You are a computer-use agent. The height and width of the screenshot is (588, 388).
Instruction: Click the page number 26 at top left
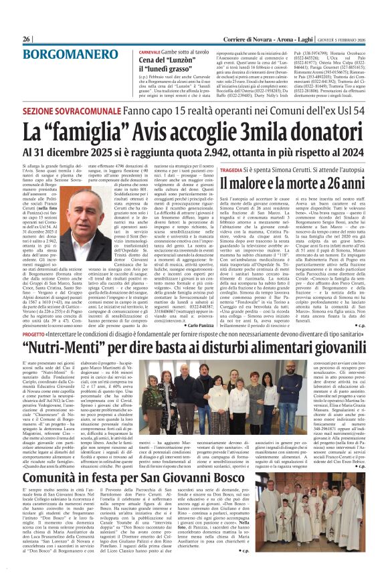coord(27,39)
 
